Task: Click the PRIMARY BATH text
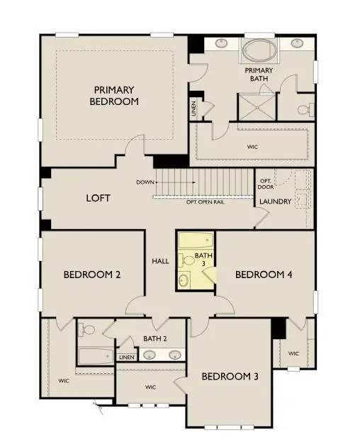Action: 259,75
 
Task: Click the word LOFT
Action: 98,198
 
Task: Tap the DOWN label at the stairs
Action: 145,182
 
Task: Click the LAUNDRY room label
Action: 275,202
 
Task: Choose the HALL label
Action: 160,261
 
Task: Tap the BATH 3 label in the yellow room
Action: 203,260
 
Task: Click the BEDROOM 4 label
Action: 264,275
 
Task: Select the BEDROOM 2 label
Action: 91,275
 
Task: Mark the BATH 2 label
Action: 154,339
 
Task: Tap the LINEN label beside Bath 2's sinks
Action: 126,357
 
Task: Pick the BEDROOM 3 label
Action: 229,376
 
